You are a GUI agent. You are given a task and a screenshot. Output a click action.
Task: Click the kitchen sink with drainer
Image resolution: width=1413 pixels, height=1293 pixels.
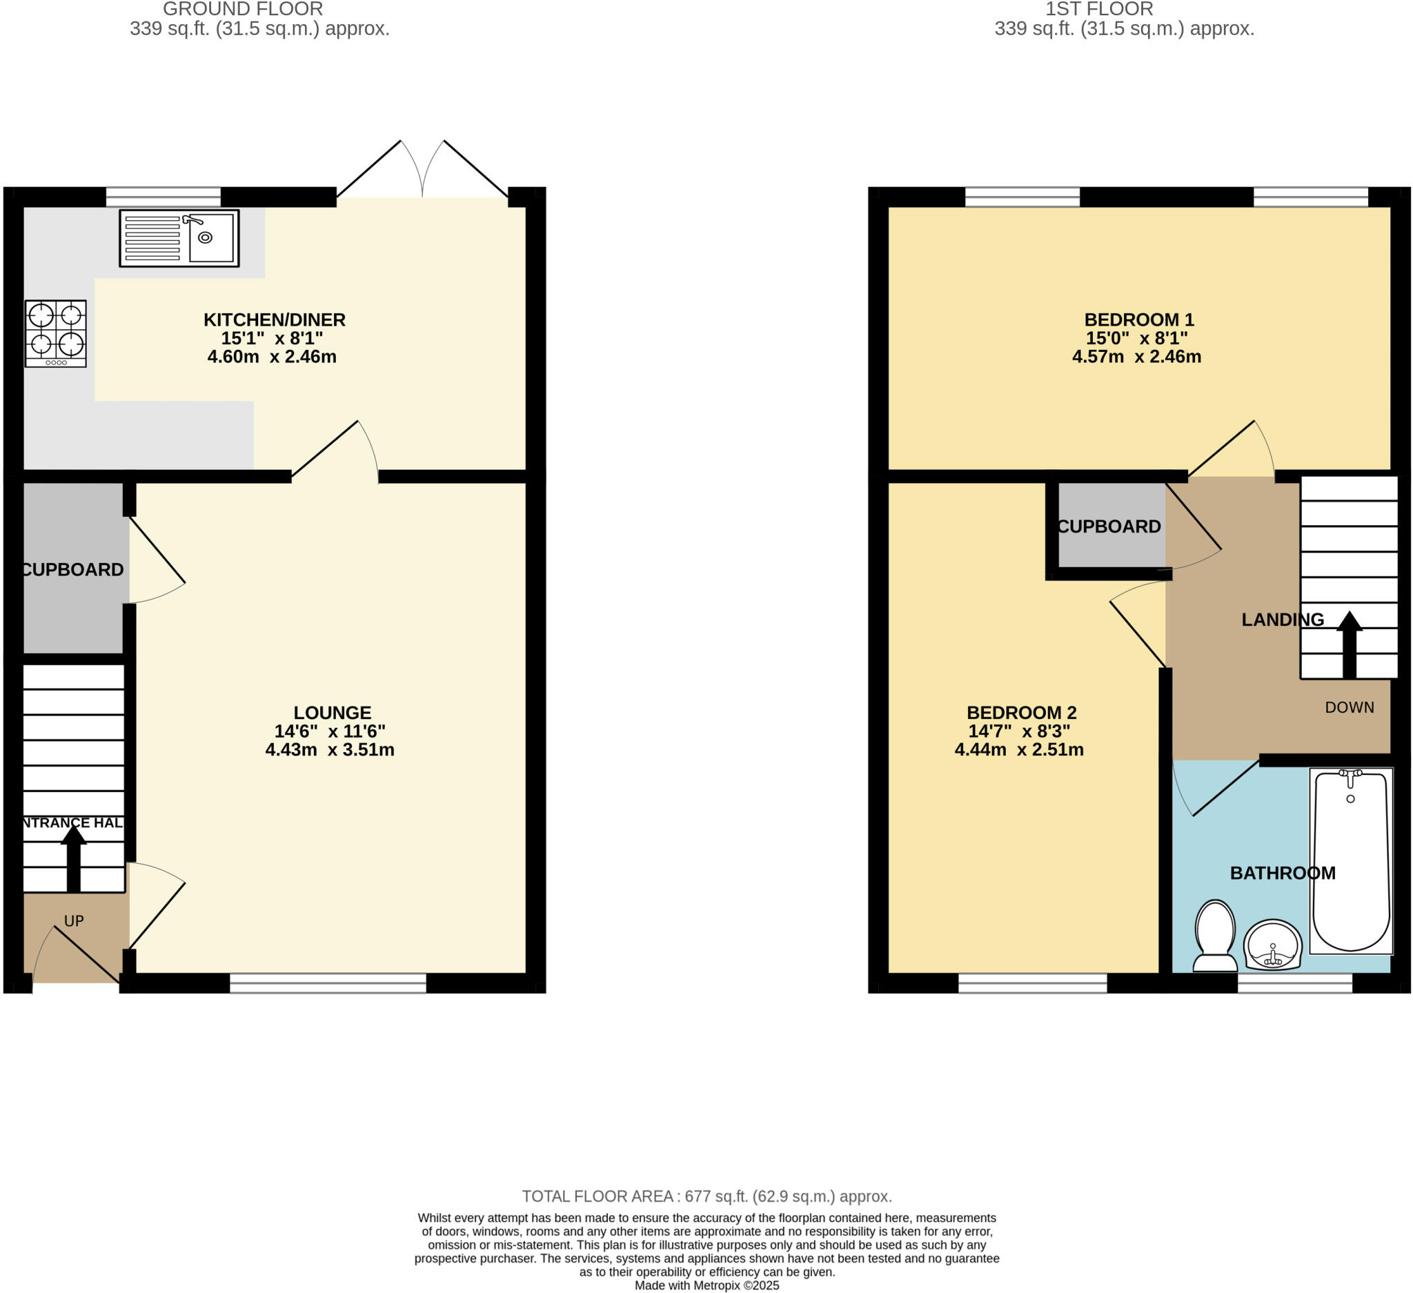[179, 238]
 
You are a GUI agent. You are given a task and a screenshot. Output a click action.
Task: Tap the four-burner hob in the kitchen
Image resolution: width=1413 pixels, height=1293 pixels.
[55, 333]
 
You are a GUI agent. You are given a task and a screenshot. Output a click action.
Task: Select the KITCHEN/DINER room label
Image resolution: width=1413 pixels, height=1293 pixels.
[274, 319]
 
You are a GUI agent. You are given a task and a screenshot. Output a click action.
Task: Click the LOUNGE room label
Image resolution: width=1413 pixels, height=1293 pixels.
[332, 713]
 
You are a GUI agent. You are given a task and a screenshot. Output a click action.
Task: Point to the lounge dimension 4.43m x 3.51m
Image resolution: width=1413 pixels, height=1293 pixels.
[329, 750]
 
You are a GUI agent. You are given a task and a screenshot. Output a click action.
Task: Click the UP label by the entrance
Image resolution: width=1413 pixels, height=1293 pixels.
[74, 921]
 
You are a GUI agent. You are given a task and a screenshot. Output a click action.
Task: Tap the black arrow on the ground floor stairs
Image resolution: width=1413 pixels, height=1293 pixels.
[73, 859]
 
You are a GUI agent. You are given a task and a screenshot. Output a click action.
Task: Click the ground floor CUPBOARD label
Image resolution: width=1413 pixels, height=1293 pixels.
[72, 570]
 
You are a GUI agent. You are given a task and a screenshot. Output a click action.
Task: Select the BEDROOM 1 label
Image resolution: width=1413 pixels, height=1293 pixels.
[1138, 319]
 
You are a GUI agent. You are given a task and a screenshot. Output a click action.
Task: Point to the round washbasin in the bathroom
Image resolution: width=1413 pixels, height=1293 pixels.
[1272, 944]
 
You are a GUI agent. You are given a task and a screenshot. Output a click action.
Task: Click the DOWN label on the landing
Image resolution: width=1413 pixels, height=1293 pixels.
[1349, 707]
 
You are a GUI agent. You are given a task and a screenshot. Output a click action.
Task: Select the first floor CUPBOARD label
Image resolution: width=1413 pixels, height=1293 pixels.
[1109, 526]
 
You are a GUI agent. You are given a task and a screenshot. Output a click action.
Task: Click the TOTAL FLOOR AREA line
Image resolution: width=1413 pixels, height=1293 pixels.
[706, 1196]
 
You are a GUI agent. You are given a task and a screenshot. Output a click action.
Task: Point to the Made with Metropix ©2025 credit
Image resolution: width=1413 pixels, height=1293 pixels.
[706, 1285]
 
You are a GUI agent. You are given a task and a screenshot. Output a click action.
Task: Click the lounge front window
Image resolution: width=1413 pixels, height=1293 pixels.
[327, 983]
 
